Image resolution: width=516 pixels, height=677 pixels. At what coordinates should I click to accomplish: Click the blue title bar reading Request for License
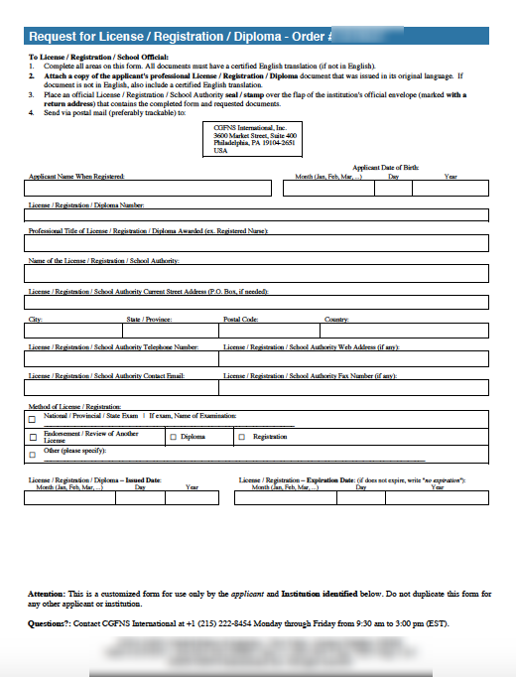coord(258,37)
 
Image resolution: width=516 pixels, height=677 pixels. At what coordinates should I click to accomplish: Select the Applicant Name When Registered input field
coord(150,189)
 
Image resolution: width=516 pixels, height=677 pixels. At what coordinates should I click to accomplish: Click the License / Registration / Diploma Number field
coord(258,215)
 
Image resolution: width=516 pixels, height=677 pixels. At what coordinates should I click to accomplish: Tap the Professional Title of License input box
coord(258,243)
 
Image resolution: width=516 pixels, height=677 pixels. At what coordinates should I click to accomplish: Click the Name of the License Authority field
coord(258,273)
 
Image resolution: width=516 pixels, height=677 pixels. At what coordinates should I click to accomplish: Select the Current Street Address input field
coord(258,303)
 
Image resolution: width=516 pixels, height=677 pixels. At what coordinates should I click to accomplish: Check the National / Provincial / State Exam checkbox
coord(33,420)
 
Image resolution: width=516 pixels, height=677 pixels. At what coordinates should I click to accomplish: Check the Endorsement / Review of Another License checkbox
coord(33,437)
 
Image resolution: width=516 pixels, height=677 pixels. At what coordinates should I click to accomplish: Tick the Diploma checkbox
coord(174,437)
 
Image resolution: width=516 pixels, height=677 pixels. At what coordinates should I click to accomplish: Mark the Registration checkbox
coord(242,437)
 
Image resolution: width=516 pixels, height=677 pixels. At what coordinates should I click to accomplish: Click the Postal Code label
coord(240,320)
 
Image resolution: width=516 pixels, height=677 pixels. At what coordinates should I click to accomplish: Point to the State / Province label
coord(149,320)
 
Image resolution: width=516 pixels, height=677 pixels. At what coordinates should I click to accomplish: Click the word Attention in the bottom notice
coord(47,594)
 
